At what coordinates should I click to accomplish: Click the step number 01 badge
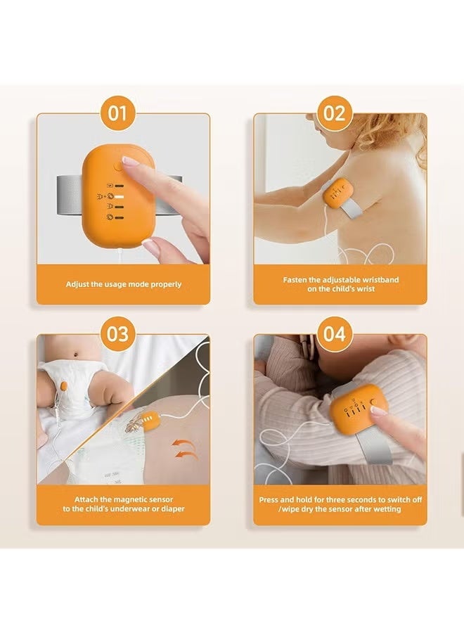pyautogui.click(x=117, y=113)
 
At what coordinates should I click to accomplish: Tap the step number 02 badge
pyautogui.click(x=335, y=113)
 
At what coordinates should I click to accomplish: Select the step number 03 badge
pyautogui.click(x=117, y=334)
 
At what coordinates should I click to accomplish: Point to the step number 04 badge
pyautogui.click(x=335, y=334)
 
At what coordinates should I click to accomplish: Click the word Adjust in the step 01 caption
pyautogui.click(x=77, y=284)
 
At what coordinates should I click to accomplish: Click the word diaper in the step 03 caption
pyautogui.click(x=173, y=509)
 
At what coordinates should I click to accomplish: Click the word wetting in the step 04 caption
pyautogui.click(x=386, y=509)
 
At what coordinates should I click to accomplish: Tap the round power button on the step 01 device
pyautogui.click(x=119, y=166)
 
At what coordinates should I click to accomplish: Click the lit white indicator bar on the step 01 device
pyautogui.click(x=120, y=197)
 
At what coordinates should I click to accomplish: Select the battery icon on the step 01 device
pyautogui.click(x=110, y=186)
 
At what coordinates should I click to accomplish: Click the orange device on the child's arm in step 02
pyautogui.click(x=336, y=193)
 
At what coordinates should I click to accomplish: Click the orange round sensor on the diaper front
pyautogui.click(x=63, y=387)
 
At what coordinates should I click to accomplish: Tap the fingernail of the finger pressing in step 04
pyautogui.click(x=378, y=411)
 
